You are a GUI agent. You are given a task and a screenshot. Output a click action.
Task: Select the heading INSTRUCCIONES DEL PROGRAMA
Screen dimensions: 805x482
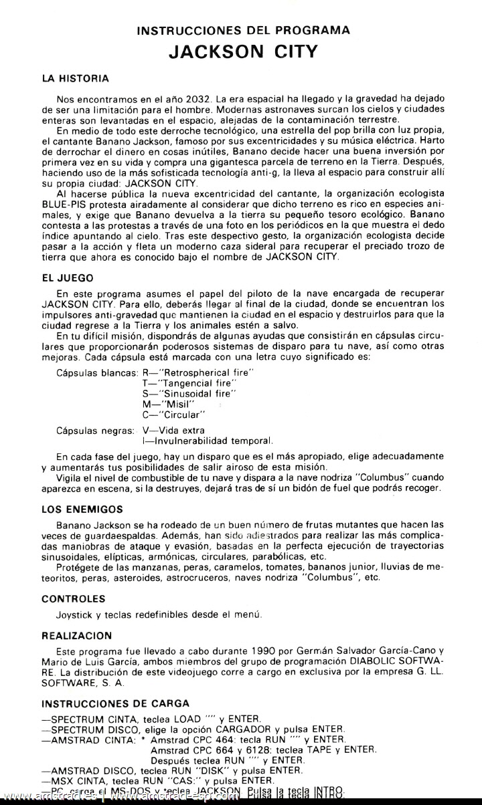[x=242, y=30]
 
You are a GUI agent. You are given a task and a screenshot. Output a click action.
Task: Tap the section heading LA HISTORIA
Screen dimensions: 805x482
[x=75, y=78]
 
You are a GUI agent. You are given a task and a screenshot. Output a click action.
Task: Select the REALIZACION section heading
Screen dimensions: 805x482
[x=76, y=636]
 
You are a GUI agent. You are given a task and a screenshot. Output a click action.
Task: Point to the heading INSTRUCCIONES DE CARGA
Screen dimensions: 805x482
[x=115, y=703]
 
